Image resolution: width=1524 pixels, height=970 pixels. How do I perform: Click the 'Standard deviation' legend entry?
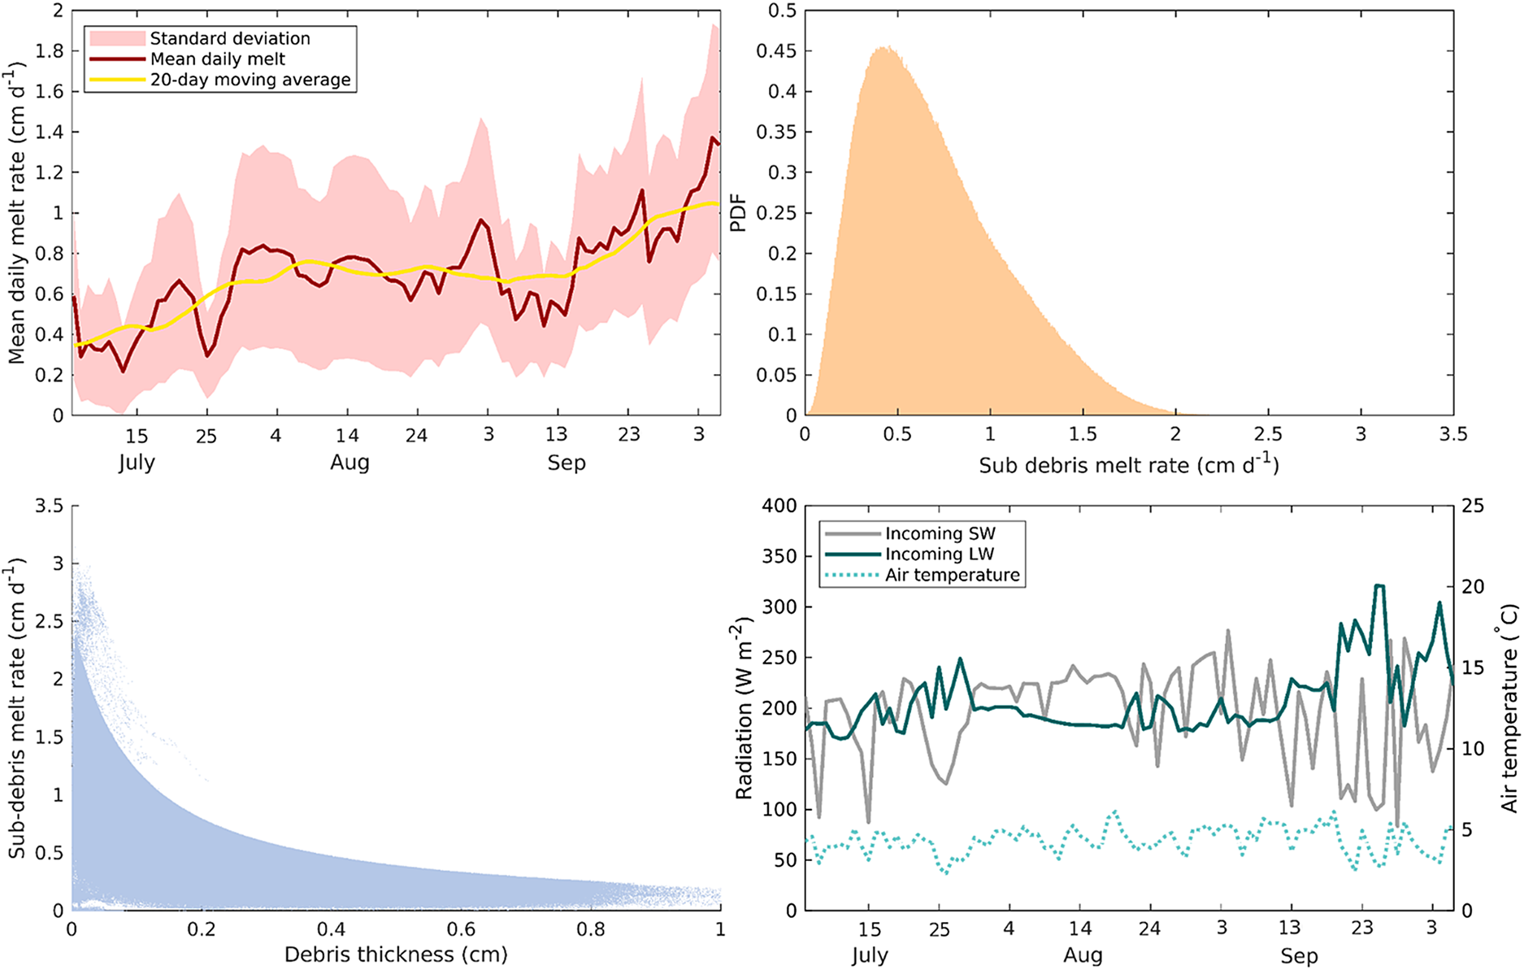(229, 38)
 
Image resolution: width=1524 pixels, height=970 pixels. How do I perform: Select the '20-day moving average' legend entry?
(250, 80)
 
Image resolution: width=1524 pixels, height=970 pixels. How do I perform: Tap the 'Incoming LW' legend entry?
(940, 554)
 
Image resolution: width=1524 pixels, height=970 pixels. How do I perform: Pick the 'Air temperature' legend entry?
(952, 575)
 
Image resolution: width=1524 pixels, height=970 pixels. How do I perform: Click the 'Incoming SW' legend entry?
(940, 533)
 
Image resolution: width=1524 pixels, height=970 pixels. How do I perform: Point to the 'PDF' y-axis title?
(738, 213)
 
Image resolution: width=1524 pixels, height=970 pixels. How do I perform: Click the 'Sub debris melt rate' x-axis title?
(1128, 465)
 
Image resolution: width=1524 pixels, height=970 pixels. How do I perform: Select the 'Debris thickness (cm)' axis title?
(396, 954)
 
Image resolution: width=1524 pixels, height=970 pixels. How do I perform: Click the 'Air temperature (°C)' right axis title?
(1509, 707)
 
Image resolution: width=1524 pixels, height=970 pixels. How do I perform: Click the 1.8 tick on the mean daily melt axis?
(50, 51)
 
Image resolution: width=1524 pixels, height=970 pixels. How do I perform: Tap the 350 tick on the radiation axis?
(779, 556)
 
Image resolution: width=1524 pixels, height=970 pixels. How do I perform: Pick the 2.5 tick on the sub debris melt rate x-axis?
(1268, 434)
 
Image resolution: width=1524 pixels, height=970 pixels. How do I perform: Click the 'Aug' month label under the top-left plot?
(350, 463)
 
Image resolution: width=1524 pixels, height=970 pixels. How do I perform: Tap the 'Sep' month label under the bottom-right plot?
(1298, 956)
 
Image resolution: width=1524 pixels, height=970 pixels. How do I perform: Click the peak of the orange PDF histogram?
(888, 48)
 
